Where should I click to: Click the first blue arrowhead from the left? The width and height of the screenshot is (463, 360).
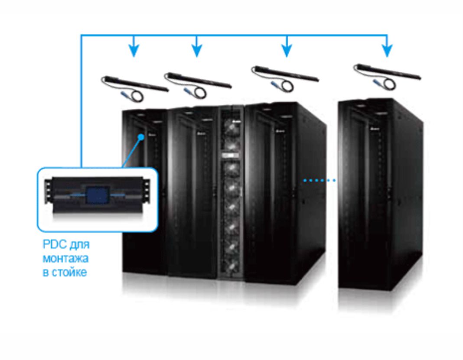point(134,50)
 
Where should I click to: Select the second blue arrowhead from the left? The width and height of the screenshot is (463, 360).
point(197,50)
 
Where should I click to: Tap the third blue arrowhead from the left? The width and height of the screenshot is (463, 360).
point(287,50)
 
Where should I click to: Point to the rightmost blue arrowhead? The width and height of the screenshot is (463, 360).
point(387,50)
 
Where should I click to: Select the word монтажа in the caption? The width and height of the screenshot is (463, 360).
point(65,259)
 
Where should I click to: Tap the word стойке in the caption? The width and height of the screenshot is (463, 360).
point(69,272)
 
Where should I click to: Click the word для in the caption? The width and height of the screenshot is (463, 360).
point(80,245)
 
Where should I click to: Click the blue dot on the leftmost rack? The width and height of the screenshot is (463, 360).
point(141,137)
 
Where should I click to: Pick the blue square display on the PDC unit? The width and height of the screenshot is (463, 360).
point(98,195)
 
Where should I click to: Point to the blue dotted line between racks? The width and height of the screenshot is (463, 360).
point(320,180)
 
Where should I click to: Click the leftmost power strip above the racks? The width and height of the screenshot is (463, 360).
point(134,88)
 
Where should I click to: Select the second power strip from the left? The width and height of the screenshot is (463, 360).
point(198,84)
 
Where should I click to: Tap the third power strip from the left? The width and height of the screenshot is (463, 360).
point(285,78)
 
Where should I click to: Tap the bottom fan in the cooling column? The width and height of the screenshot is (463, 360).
point(231,266)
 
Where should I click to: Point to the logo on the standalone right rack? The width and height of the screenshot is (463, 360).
point(375,129)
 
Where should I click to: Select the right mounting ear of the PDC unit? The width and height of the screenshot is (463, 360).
point(146,191)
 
